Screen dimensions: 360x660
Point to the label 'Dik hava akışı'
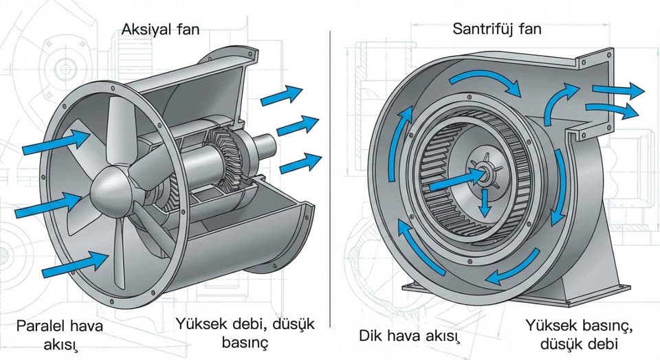click(408, 336)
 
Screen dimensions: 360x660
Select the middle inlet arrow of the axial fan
click(47, 205)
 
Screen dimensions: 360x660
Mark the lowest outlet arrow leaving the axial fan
click(300, 164)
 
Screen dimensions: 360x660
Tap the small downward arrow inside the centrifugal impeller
click(485, 202)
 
